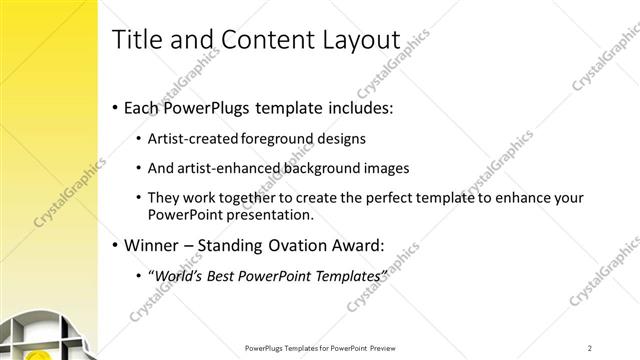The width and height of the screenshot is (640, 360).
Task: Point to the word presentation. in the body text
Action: point(268,214)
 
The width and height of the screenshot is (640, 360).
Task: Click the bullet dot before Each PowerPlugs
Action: point(115,106)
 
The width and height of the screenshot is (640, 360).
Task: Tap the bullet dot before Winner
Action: point(115,244)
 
